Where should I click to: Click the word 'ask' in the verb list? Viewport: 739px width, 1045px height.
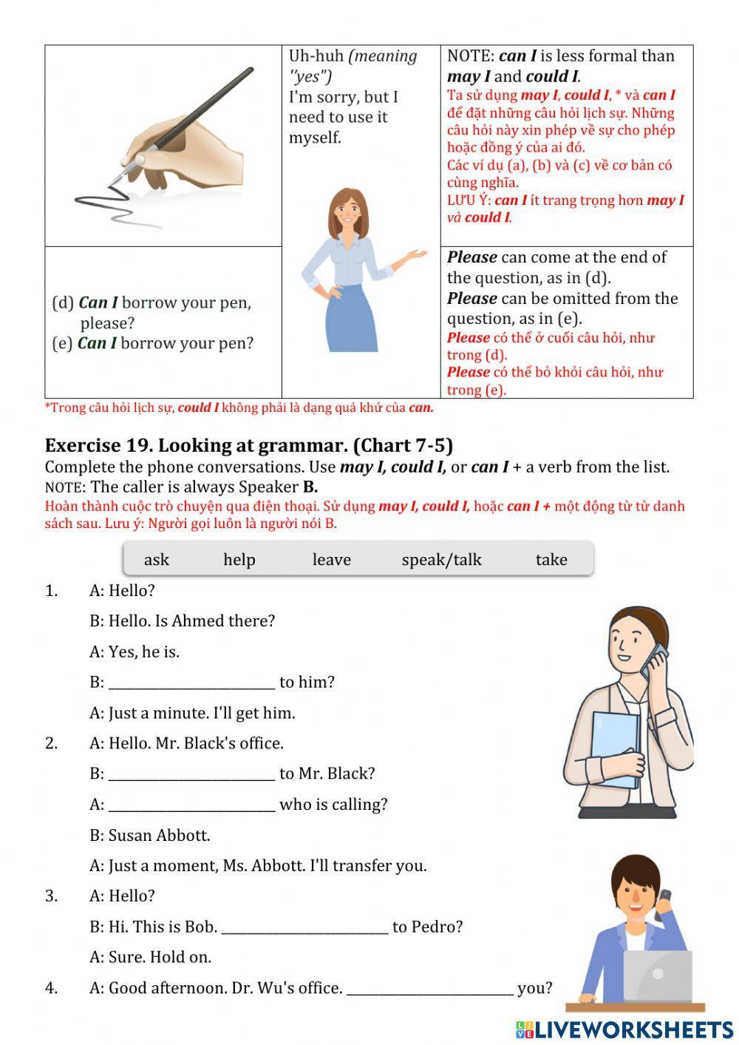156,560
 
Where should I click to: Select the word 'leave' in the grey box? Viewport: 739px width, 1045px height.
331,560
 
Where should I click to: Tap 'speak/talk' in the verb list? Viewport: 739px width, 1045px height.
441,560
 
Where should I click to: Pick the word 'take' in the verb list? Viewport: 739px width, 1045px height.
551,560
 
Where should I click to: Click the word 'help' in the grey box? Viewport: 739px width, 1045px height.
239,560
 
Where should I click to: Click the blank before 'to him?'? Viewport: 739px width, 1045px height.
191,682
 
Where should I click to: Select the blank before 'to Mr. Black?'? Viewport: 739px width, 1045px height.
191,774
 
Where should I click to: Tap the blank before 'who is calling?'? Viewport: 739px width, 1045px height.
191,805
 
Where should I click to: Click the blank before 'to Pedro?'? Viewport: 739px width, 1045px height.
304,927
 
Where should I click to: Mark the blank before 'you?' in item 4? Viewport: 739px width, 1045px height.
429,988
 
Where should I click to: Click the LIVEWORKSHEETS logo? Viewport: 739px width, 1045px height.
624,1029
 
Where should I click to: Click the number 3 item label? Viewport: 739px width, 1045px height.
51,896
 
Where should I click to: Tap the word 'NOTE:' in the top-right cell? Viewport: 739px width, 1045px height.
470,56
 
